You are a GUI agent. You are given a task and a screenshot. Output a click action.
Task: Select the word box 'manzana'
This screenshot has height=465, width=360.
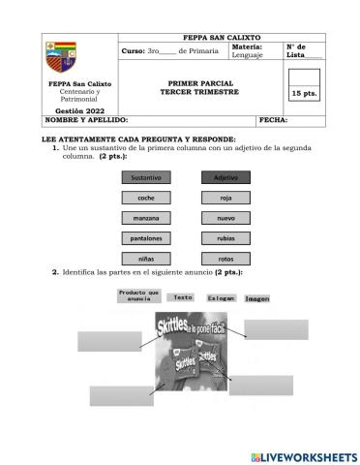[x=147, y=218]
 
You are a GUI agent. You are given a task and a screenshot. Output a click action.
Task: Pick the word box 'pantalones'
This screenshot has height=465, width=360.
[x=147, y=238]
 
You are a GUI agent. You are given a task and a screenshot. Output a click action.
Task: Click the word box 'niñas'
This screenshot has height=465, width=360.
[x=147, y=259]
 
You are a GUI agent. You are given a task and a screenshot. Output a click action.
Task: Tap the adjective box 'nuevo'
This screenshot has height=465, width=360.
[x=225, y=218]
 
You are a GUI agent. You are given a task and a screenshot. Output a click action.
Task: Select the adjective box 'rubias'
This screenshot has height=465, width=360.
[x=225, y=238]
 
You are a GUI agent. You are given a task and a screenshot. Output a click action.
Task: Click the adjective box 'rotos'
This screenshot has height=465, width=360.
[x=225, y=259]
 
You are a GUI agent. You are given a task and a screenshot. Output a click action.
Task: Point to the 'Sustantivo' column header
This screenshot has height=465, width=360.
[x=147, y=177]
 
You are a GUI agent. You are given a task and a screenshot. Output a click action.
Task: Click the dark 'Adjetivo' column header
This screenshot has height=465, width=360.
[x=225, y=177]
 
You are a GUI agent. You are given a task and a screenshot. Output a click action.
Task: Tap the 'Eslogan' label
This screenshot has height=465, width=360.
[x=221, y=299]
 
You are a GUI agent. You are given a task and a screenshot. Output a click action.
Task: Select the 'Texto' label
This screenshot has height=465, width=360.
[x=183, y=298]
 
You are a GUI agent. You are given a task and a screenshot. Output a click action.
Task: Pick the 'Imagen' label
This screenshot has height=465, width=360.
[x=256, y=299]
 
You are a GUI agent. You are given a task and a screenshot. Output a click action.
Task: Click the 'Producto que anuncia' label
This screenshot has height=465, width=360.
[x=138, y=296]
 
